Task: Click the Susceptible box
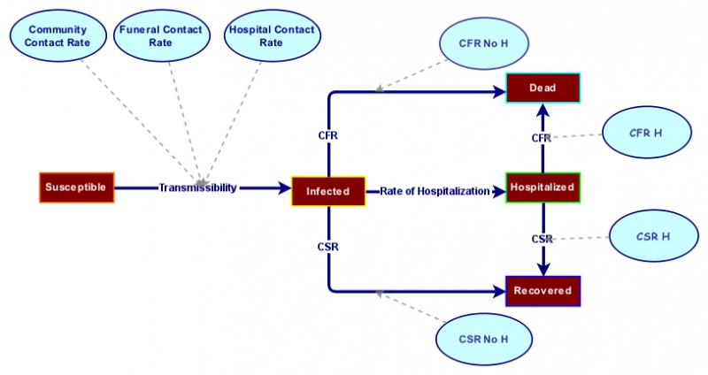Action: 77,187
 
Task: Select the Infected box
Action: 328,191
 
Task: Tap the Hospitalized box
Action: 542,187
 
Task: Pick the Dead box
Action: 542,88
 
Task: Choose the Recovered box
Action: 543,290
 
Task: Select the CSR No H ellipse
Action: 483,338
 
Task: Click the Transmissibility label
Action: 197,187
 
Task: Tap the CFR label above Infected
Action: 327,135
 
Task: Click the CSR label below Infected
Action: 327,246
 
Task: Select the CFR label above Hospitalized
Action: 541,138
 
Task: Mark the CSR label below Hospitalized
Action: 542,239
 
